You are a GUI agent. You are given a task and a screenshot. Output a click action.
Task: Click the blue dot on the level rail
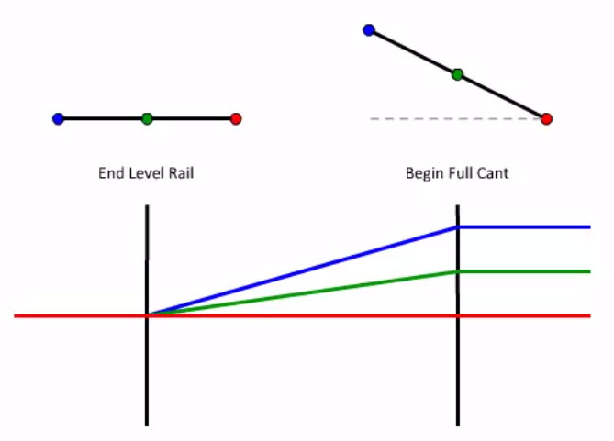coord(59,118)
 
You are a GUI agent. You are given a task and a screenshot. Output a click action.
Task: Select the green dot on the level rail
coord(147,118)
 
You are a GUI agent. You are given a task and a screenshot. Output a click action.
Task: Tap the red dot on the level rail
coord(236,118)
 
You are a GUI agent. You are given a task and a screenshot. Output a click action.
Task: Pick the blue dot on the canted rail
coord(369,30)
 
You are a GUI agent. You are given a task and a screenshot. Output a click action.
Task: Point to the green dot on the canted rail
coord(457,74)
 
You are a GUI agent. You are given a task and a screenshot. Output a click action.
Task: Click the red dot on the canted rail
coord(546,118)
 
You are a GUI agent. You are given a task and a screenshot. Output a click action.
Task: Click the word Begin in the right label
coord(423,172)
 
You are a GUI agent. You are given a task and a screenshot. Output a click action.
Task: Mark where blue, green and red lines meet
coord(148,315)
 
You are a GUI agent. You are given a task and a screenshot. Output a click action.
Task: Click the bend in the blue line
coord(457,226)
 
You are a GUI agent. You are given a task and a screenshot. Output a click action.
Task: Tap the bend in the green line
coord(457,271)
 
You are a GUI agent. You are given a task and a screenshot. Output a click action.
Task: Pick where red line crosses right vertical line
coord(457,315)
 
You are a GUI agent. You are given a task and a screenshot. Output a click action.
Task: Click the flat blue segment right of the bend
coord(523,226)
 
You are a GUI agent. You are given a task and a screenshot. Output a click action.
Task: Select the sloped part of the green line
coord(303,293)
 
